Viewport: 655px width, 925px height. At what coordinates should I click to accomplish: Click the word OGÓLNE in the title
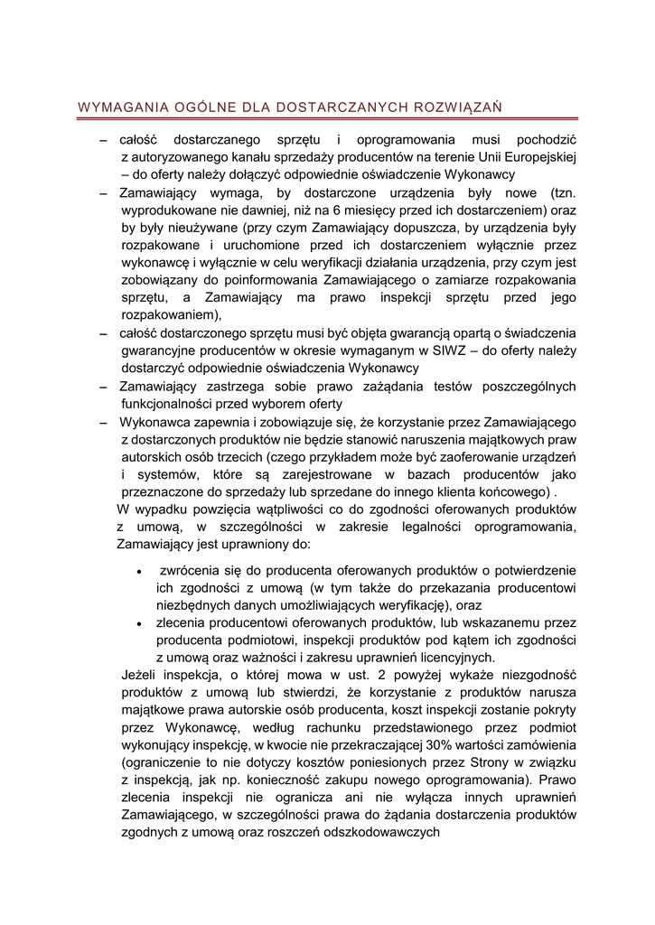[x=191, y=108]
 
